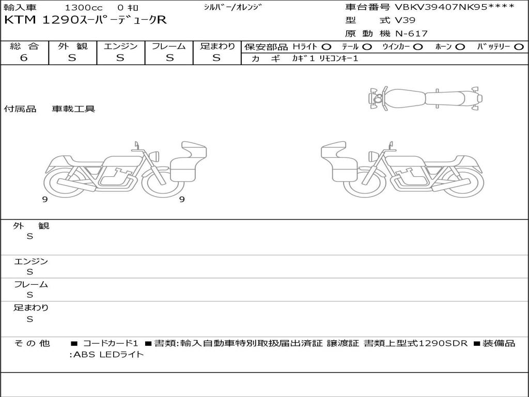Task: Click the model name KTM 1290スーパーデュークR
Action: (85, 20)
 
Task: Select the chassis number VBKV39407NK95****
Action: (455, 7)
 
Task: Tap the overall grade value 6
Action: (24, 57)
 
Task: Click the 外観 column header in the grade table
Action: (72, 46)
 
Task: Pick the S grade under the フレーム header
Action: (169, 58)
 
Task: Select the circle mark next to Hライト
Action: (326, 47)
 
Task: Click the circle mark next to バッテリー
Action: (519, 47)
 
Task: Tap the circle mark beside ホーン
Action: (460, 47)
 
